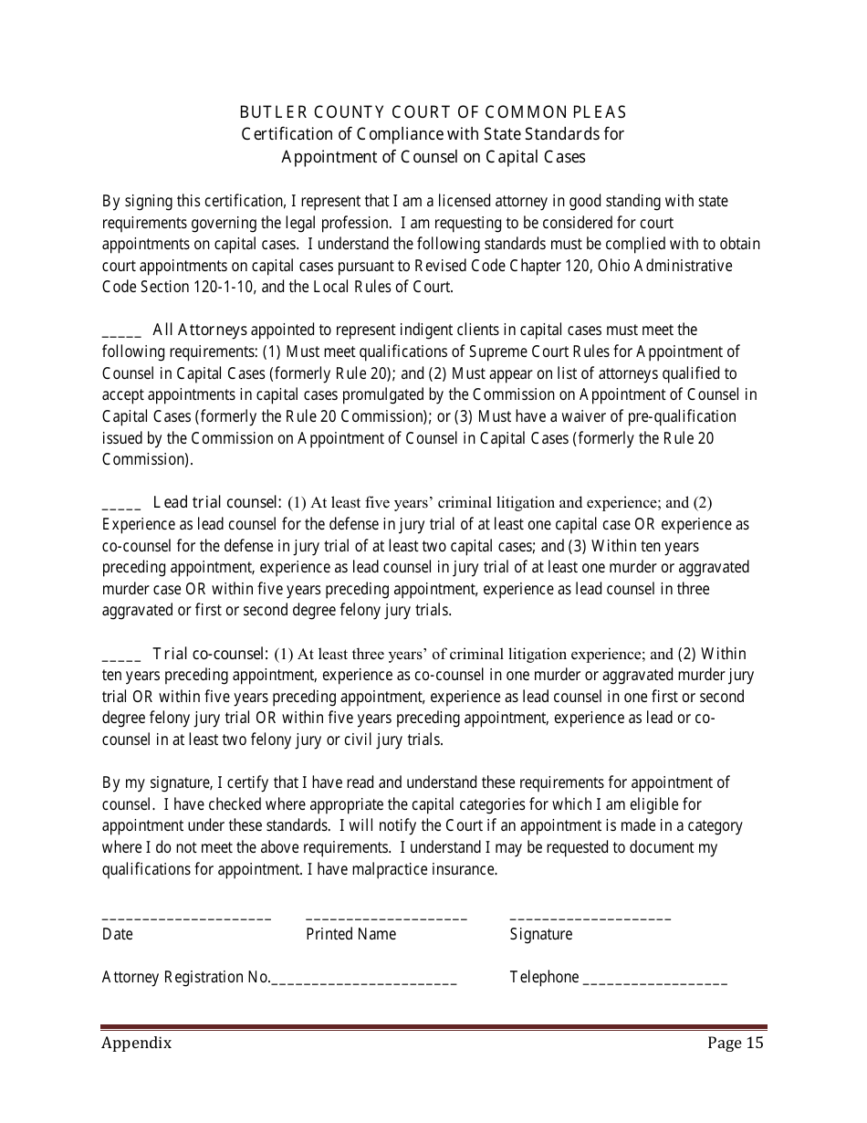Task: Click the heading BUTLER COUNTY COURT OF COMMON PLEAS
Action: coord(433,112)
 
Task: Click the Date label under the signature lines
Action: coord(117,934)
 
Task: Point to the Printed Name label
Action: coord(350,934)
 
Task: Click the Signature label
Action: coord(540,934)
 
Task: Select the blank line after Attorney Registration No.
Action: coord(364,983)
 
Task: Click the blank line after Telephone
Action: coord(654,983)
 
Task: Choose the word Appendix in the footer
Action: coord(136,1044)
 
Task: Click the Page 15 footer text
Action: coord(735,1044)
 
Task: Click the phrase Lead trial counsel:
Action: coord(217,501)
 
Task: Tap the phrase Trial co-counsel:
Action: coord(210,653)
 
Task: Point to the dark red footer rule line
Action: coord(433,1027)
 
